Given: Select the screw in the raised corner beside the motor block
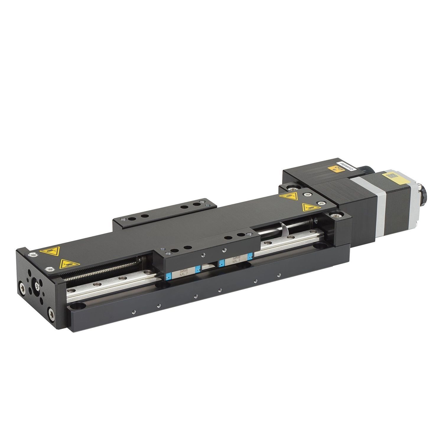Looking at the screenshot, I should point(337,217).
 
